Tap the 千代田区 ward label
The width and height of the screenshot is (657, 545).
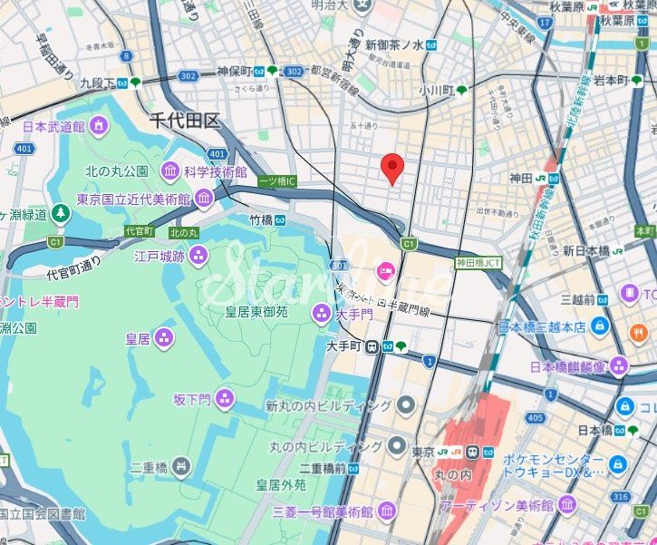click(x=185, y=120)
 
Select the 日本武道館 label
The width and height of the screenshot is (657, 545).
click(x=53, y=127)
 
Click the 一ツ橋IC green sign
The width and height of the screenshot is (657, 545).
click(x=277, y=181)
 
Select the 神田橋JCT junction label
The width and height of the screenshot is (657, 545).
click(x=478, y=262)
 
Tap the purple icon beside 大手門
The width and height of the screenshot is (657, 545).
click(x=321, y=314)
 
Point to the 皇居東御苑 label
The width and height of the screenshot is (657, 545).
click(x=256, y=313)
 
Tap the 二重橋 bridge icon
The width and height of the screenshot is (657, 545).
click(x=182, y=468)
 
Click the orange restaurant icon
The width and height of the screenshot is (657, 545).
click(x=637, y=333)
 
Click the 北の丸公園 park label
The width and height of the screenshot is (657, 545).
click(x=117, y=170)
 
